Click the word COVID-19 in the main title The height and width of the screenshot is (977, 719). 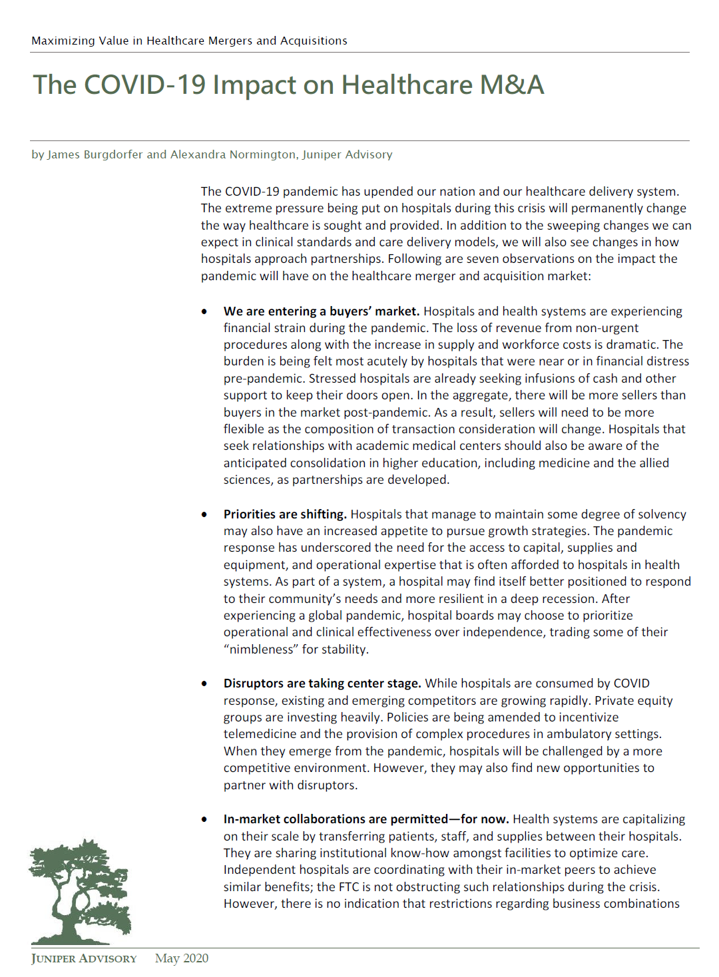(144, 85)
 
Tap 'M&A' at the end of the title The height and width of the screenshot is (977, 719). (511, 85)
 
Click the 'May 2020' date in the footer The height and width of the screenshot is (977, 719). (182, 958)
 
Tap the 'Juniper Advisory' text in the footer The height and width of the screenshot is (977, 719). (84, 958)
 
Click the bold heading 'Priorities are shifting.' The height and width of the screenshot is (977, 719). (285, 514)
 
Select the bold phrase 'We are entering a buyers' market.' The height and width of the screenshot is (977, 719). (322, 311)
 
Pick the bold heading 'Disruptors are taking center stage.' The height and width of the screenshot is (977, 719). (322, 683)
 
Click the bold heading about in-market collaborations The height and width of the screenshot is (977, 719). (366, 819)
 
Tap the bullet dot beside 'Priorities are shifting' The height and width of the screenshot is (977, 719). (204, 514)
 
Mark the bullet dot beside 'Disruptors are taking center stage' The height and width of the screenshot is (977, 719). (204, 684)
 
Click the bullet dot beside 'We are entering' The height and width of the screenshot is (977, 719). (204, 311)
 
